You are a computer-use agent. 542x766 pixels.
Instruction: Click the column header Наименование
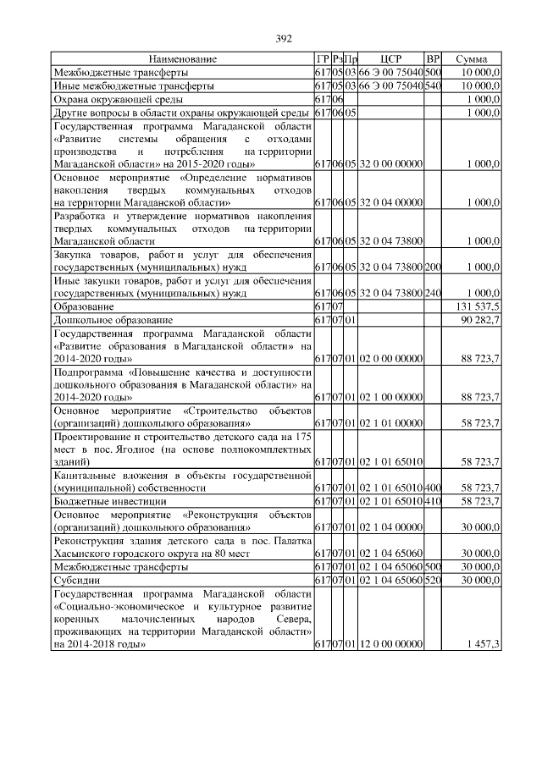[182, 59]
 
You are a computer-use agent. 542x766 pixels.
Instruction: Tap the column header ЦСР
[390, 59]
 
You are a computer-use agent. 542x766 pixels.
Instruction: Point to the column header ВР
[433, 59]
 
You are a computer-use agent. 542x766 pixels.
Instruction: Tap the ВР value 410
[433, 502]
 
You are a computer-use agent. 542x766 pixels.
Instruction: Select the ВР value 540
[433, 85]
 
